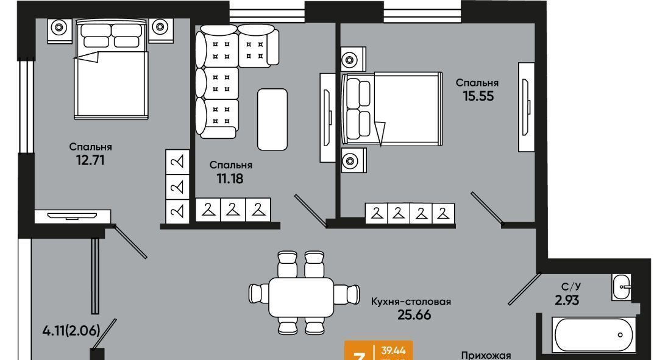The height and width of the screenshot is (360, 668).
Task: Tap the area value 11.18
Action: point(230,178)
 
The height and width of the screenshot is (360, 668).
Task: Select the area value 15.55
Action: point(478,96)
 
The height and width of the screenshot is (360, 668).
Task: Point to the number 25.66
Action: point(411,315)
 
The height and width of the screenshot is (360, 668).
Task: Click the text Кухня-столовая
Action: point(411,301)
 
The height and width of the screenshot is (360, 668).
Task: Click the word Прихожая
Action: point(485,355)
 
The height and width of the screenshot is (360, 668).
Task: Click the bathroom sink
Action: point(622,286)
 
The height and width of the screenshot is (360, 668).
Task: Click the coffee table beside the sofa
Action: point(272,119)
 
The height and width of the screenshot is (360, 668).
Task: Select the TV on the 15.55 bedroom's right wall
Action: point(525,106)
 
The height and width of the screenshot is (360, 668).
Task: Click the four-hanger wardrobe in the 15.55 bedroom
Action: point(410,213)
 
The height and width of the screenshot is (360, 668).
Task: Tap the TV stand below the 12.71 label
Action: point(72,216)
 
